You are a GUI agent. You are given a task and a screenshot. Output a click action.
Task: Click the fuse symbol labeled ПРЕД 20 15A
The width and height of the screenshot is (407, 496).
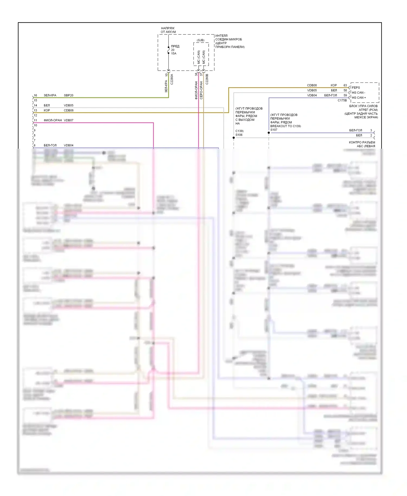point(168,50)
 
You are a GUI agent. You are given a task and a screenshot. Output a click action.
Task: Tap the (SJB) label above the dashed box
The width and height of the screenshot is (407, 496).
point(201,40)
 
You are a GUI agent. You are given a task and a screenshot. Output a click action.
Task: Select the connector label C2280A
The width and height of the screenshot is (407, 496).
point(171,79)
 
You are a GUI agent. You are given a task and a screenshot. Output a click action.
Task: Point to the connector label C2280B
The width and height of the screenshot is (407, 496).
point(207,79)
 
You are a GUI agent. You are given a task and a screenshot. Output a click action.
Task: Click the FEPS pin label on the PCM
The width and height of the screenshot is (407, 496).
point(356,88)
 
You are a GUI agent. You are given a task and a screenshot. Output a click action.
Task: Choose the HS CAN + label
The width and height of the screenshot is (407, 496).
point(359,98)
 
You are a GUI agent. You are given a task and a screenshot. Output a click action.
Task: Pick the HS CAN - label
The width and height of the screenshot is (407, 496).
point(358,93)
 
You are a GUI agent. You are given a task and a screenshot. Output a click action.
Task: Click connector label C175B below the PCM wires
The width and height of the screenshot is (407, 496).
point(342,100)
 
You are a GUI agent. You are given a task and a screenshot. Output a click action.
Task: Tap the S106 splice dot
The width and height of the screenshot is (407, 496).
point(234,138)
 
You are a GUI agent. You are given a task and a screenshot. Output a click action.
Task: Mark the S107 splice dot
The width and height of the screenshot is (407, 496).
point(269,133)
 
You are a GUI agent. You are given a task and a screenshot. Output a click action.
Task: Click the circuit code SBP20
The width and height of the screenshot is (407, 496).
point(68,95)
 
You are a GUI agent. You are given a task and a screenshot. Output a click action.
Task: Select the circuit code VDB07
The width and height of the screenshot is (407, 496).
point(68,120)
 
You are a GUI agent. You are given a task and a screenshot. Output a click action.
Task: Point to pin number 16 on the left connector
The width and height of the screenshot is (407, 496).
point(35,95)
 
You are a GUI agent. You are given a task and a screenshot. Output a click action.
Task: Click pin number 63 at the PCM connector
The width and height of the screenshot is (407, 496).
point(345,85)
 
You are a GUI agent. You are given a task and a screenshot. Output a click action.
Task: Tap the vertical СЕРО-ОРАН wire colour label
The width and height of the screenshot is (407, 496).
point(201,90)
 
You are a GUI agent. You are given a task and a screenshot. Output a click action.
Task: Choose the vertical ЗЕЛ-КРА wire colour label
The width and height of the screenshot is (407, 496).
point(166,86)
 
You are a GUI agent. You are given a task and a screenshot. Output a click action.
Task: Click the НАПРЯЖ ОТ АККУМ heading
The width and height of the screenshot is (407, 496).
point(168,30)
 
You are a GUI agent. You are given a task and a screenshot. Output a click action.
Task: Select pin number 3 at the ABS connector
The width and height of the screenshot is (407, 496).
point(371,130)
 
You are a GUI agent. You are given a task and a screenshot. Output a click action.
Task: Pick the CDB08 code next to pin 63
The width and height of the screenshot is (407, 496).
point(312,85)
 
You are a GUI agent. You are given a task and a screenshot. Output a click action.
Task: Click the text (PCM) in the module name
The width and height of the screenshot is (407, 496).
point(373,110)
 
